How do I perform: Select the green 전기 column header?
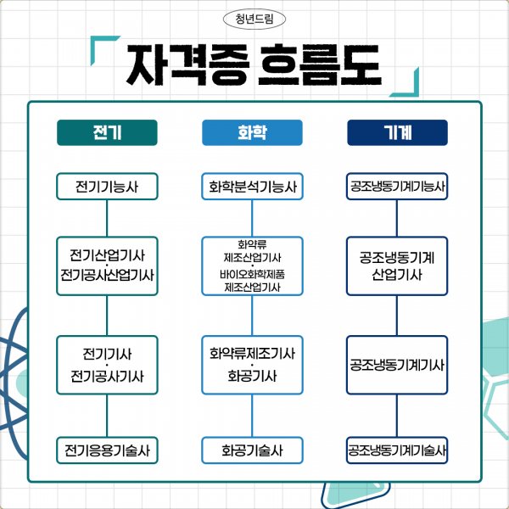click(x=107, y=133)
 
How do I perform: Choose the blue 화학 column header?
click(x=252, y=133)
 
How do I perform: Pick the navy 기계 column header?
click(x=397, y=133)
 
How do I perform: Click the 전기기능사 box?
click(x=107, y=186)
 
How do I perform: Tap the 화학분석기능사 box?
click(x=252, y=186)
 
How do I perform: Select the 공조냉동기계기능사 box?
click(x=397, y=186)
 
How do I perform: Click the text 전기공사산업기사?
click(x=107, y=277)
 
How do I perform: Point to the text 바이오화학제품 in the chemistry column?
click(x=252, y=276)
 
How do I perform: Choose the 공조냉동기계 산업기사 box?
click(x=397, y=266)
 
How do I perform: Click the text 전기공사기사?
click(x=107, y=376)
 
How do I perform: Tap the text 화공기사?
click(x=252, y=376)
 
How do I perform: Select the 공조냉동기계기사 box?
click(x=397, y=366)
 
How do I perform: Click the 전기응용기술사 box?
click(x=107, y=450)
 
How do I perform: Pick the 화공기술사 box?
click(x=252, y=450)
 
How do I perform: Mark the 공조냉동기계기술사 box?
click(x=397, y=450)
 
